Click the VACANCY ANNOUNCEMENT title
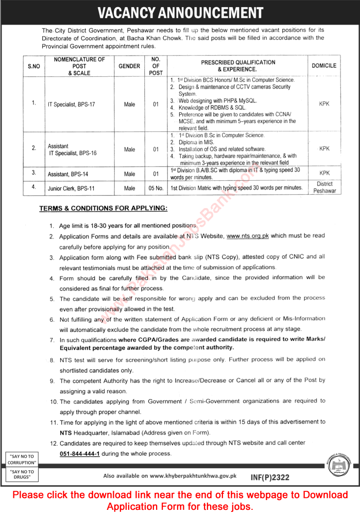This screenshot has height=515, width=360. [x=180, y=12]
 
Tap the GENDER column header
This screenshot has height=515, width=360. [x=129, y=66]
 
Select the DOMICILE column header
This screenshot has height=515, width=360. [x=324, y=66]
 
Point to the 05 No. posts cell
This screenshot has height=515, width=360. [x=156, y=188]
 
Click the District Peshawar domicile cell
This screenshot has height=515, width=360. [x=324, y=187]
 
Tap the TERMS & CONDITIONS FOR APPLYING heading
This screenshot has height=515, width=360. [x=103, y=209]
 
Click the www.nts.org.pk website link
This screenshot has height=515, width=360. [x=248, y=236]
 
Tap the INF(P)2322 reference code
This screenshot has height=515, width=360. [x=269, y=477]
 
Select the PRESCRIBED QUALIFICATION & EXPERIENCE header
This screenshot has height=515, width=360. [x=238, y=65]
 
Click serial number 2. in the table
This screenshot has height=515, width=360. [x=34, y=148]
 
